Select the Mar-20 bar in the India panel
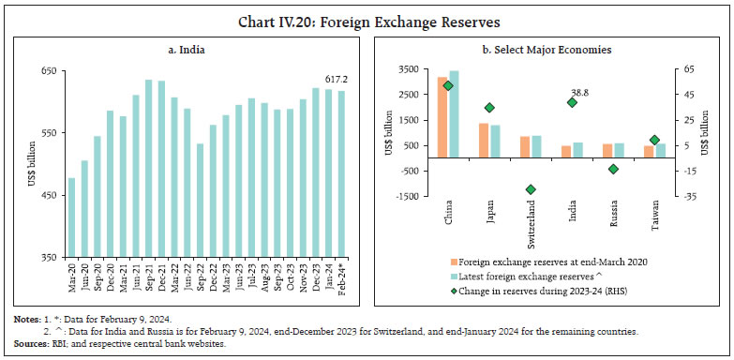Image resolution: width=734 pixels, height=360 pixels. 72,217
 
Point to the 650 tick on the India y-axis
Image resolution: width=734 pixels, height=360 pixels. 47,70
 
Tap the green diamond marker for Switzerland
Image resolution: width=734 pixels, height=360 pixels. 531,189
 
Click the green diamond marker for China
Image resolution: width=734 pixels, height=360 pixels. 448,85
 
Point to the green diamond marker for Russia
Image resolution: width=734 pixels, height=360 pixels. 613,169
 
